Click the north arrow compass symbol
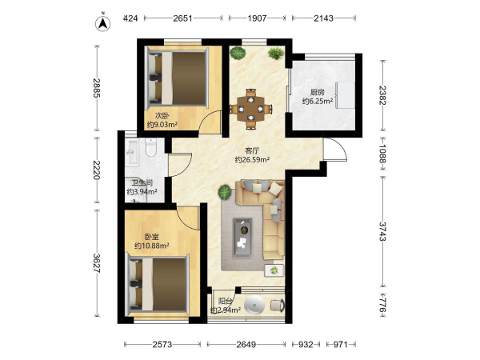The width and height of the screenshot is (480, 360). [103, 23]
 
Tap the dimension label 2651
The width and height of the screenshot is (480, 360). [182, 18]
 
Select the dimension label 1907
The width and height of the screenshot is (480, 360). [257, 18]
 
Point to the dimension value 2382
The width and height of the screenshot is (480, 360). [382, 95]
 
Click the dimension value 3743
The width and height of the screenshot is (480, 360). [382, 231]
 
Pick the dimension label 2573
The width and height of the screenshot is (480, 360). [162, 345]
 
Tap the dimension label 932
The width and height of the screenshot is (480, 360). [306, 345]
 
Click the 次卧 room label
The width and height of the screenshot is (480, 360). [162, 116]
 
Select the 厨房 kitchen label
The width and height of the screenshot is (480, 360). [317, 92]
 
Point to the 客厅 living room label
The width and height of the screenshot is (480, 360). [252, 150]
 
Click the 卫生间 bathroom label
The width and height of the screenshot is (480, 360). [142, 183]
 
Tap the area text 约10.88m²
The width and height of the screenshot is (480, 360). [152, 246]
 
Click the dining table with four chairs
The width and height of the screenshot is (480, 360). [251, 109]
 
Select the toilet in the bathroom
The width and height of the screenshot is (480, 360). [150, 146]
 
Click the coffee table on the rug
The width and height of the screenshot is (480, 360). [242, 238]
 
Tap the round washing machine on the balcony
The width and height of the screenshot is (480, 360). [254, 305]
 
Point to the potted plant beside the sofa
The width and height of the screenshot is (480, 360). [225, 192]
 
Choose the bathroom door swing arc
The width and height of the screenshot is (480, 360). [182, 166]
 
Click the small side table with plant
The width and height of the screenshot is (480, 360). [274, 270]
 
